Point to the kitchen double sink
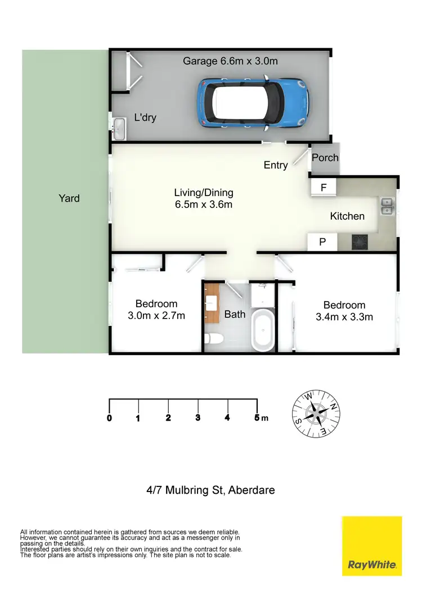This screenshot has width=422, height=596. tap(387, 206)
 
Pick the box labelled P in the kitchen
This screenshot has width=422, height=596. tap(322, 242)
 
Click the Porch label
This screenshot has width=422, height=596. tap(325, 157)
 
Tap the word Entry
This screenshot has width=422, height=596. tap(276, 165)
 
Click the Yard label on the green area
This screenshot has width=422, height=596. tap(69, 198)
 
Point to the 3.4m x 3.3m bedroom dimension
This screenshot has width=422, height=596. tap(344, 317)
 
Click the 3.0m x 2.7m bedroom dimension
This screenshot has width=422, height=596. tap(156, 316)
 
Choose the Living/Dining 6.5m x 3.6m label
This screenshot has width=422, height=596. tap(203, 199)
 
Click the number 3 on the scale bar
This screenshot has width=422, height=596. tap(197, 418)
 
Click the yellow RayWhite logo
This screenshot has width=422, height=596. tap(372, 545)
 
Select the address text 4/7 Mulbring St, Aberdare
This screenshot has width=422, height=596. tap(210, 490)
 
